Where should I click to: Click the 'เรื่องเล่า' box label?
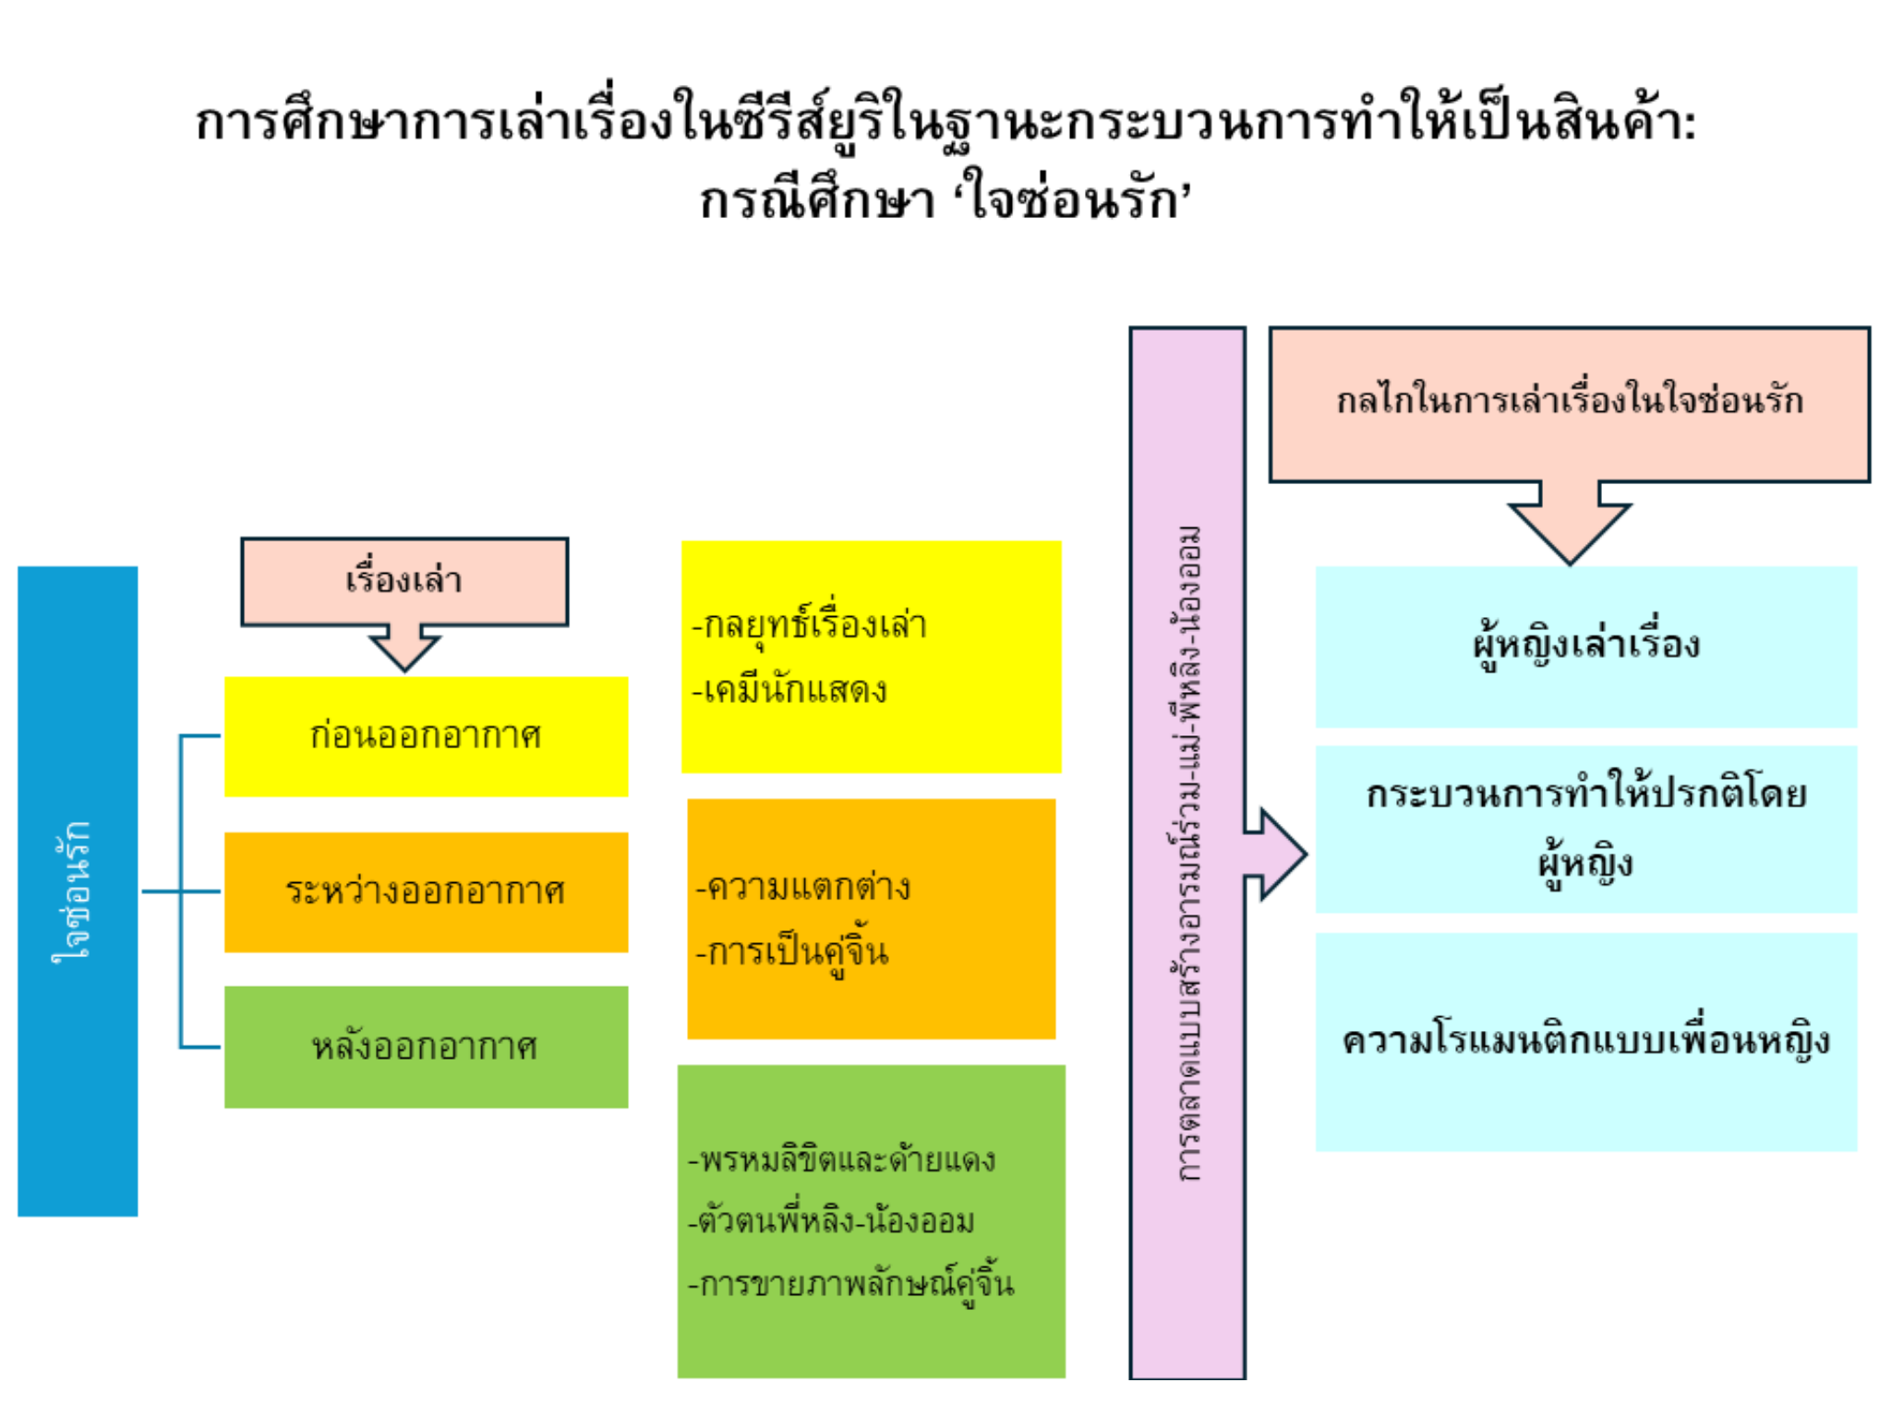[x=403, y=580]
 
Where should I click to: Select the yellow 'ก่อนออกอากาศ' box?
[x=426, y=736]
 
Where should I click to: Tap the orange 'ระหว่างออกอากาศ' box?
[x=426, y=891]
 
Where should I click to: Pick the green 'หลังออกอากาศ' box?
[x=426, y=1047]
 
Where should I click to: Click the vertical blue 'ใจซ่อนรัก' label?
[x=74, y=891]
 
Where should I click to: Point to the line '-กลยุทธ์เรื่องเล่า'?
[x=810, y=625]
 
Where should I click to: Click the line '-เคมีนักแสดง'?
[x=790, y=690]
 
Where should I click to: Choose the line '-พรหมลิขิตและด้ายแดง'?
[x=842, y=1159]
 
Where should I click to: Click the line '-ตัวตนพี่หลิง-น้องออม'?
[x=831, y=1221]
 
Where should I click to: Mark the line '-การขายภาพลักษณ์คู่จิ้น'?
[x=851, y=1284]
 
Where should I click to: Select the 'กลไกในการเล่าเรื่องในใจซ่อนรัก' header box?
[x=1569, y=402]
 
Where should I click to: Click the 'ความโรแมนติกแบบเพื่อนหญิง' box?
[x=1585, y=1041]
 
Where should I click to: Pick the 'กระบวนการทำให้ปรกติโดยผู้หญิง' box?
[x=1585, y=829]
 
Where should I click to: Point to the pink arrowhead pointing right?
[x=1279, y=855]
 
